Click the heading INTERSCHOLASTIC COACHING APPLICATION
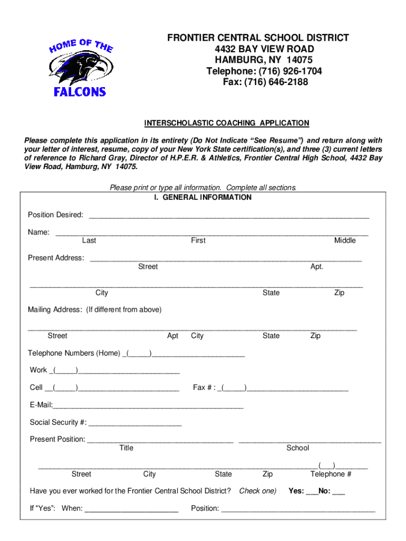point(227,123)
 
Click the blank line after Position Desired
point(229,216)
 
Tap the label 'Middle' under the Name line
point(345,241)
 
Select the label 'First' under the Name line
point(198,241)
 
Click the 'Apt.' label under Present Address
point(316,267)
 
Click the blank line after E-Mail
point(148,406)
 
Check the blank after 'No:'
point(339,492)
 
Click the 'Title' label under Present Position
point(127,448)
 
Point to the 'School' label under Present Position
point(297,448)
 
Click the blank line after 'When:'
point(131,509)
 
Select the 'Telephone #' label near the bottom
point(331,474)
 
